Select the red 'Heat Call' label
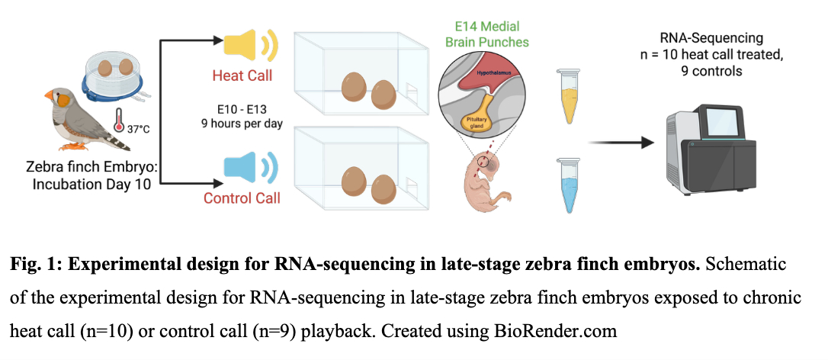coord(242,76)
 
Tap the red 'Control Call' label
coord(242,198)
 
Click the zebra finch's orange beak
coord(48,97)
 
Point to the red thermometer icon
coord(118,121)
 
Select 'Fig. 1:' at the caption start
coord(34,264)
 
